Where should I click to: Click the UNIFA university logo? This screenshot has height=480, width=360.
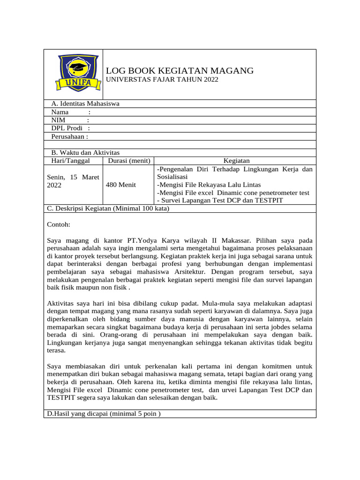78,74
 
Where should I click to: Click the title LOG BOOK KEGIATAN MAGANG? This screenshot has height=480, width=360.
180,71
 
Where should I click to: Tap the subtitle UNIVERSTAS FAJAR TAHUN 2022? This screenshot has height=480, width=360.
162,80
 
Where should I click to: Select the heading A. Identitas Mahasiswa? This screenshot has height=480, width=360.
85,104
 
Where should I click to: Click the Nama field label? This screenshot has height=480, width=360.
60,112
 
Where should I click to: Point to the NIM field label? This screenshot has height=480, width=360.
58,120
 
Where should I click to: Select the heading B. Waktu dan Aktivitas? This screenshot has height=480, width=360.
85,153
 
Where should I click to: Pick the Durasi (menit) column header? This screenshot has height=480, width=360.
128,161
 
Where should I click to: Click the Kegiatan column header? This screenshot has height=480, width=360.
236,161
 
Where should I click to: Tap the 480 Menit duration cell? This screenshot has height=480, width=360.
121,185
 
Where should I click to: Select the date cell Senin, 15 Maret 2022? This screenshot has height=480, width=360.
69,181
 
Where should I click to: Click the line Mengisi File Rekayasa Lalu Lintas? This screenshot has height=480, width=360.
209,185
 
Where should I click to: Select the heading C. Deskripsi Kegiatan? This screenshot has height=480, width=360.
108,209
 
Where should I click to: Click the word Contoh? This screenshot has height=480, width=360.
59,225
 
